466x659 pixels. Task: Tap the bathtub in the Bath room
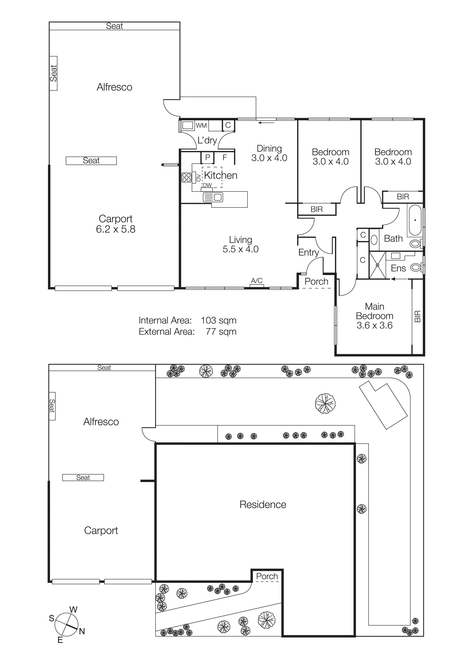coord(415,220)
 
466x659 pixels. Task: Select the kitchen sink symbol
coord(213,197)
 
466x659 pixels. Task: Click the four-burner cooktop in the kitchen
coord(186,177)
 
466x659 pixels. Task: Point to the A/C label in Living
coord(257,280)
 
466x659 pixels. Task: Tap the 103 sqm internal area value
coord(218,320)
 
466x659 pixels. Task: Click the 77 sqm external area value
coord(221,332)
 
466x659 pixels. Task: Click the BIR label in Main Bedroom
coord(418,316)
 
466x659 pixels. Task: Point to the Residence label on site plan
coord(263,505)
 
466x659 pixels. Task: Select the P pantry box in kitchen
coord(208,157)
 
